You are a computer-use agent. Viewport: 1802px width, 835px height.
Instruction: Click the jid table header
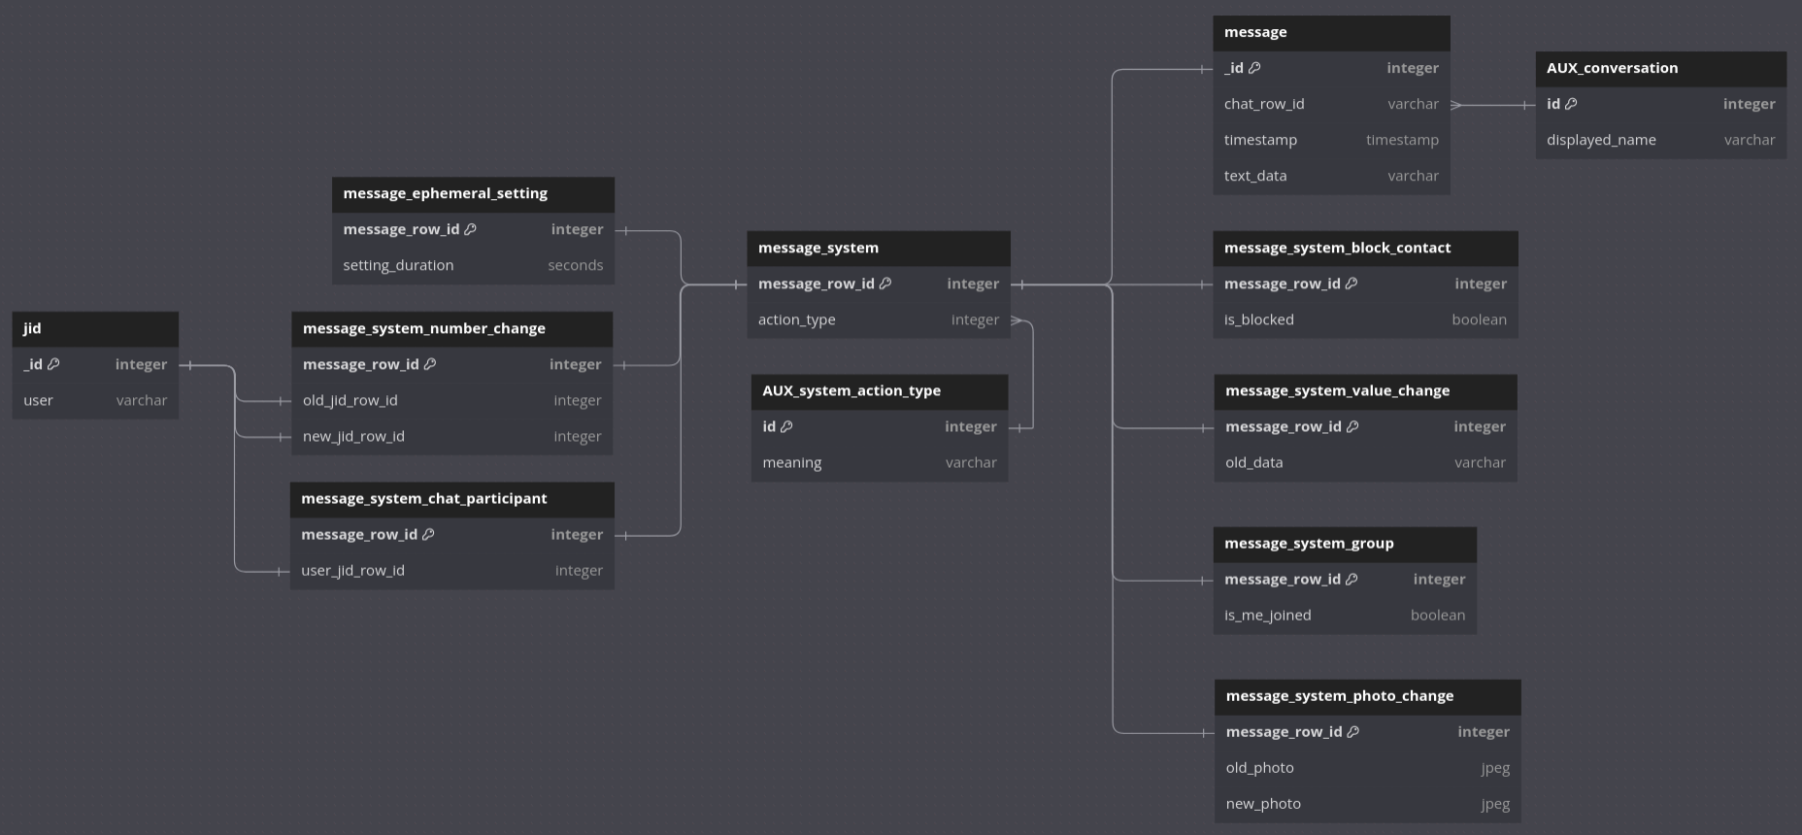(x=94, y=328)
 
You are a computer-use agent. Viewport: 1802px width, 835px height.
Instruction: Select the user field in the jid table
(x=39, y=400)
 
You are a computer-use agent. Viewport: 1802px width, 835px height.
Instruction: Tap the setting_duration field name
(x=398, y=265)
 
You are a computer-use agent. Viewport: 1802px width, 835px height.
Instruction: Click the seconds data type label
(x=575, y=265)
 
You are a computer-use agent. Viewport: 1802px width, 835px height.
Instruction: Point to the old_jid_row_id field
(x=350, y=400)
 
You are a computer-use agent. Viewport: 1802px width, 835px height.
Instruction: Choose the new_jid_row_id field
(x=353, y=436)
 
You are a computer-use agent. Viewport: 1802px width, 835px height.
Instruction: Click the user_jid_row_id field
(x=352, y=570)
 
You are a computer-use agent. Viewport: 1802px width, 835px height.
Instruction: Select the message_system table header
(x=878, y=248)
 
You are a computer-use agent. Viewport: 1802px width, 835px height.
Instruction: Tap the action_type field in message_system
(x=797, y=319)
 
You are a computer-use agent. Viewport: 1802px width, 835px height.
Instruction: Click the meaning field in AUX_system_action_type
(x=792, y=462)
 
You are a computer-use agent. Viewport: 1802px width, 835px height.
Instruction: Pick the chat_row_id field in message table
(x=1264, y=104)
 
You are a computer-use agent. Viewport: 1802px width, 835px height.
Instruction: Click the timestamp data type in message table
(x=1402, y=140)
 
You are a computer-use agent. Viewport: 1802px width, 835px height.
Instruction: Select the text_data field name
(x=1255, y=176)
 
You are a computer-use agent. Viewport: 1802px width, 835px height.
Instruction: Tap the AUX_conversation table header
(x=1660, y=68)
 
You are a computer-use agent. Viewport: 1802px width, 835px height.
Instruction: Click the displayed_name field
(x=1601, y=140)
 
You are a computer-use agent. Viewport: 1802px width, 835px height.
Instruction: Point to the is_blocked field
(x=1259, y=319)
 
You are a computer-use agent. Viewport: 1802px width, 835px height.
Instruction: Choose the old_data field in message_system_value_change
(x=1254, y=462)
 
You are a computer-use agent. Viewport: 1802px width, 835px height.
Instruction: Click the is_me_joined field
(x=1268, y=615)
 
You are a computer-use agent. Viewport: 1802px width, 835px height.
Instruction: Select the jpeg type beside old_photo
(x=1495, y=767)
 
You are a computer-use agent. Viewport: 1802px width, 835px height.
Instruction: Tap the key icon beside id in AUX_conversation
(x=1571, y=104)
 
